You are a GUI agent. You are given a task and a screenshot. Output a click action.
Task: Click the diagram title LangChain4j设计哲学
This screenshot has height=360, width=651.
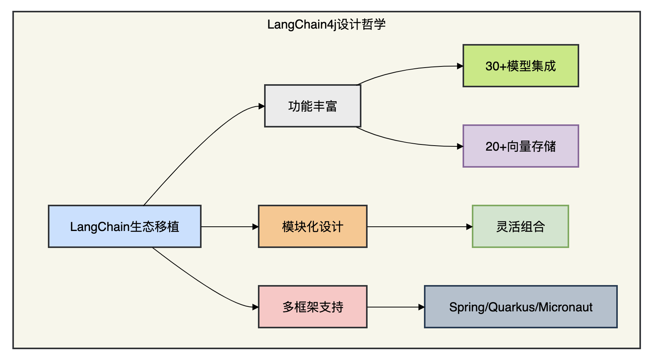point(326,24)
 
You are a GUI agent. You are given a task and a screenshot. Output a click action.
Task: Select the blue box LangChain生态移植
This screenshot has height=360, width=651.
point(125,226)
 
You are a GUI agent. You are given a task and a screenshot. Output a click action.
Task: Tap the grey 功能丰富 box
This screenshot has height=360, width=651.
point(313,106)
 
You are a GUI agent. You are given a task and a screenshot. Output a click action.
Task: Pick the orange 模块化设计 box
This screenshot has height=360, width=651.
point(313,226)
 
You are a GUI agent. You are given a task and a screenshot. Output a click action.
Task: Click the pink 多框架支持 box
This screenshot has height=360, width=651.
point(313,307)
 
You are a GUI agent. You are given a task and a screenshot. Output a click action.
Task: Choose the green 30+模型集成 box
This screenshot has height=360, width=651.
point(521,66)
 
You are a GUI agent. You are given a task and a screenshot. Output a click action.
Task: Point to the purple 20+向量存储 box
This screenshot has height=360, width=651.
point(521,146)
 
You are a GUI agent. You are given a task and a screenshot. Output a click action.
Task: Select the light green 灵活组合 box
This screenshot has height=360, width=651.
point(520,226)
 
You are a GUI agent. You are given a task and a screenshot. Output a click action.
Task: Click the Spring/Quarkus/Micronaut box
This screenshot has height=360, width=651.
point(521,307)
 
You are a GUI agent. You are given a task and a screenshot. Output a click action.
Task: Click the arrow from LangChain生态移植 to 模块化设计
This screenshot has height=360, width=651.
point(230,226)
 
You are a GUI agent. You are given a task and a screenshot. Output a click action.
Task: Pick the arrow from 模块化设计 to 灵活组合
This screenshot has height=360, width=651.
point(420,226)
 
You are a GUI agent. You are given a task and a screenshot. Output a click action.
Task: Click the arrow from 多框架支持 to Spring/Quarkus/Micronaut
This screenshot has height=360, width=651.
point(396,307)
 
